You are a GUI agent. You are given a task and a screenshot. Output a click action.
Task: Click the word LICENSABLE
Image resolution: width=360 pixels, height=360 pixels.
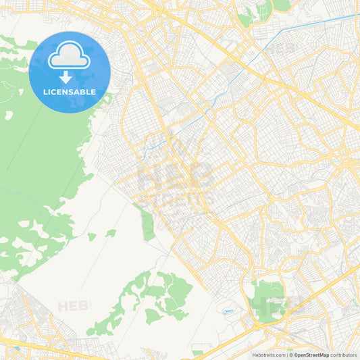click(69, 92)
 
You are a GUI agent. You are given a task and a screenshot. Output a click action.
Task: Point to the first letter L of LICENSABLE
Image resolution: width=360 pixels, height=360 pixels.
click(45, 92)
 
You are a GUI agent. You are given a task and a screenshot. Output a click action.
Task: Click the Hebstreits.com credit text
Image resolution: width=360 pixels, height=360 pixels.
click(269, 355)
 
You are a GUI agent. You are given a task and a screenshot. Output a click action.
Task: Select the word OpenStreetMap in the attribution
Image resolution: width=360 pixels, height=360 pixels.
click(311, 355)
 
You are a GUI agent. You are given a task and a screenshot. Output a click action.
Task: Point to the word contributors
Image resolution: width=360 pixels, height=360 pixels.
click(343, 355)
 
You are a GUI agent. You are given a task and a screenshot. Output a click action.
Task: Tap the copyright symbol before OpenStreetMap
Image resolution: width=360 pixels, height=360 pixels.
click(290, 355)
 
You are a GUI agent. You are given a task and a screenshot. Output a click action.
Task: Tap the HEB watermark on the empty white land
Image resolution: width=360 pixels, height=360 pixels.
click(73, 307)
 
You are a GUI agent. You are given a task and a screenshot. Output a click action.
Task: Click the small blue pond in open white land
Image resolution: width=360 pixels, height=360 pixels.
click(228, 311)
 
